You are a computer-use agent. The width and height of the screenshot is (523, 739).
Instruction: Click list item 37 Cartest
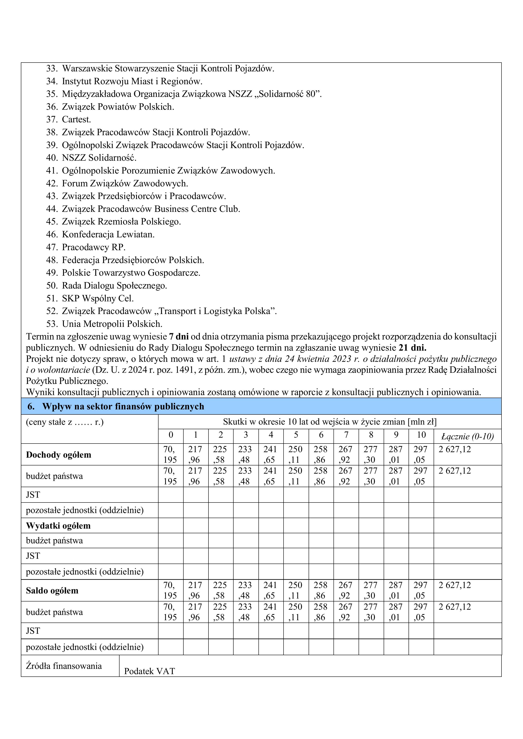pos(76,119)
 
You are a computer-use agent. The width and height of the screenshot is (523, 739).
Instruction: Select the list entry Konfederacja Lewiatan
pos(108,234)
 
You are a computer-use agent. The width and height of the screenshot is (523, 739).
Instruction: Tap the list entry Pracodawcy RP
pos(93,247)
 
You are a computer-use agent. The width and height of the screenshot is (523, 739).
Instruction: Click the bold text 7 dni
pos(179,337)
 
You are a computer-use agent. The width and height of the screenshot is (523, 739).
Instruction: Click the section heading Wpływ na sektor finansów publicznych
pos(123,406)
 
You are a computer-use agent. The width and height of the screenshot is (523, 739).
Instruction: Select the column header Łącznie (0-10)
pos(467,436)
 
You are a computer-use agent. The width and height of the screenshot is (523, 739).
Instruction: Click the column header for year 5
pos(296,435)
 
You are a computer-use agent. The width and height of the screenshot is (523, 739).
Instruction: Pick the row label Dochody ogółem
pos(59,455)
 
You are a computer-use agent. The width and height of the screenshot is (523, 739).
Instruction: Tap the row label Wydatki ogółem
pos(58,526)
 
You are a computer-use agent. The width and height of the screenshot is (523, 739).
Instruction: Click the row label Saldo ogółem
pos(52,591)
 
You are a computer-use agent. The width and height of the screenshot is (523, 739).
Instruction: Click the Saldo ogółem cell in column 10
pos(421,590)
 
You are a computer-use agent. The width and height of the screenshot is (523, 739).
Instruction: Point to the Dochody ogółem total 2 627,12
pos(455,449)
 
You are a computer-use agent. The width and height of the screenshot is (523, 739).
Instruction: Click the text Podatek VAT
pos(149,671)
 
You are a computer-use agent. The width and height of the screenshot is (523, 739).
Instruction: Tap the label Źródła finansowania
pos(64,666)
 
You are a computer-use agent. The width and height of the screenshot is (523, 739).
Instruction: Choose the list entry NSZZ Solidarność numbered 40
pos(99,158)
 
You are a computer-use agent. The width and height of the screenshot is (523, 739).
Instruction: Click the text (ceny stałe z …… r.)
pos(65,422)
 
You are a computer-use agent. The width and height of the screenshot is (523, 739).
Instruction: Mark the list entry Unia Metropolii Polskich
pos(112,324)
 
